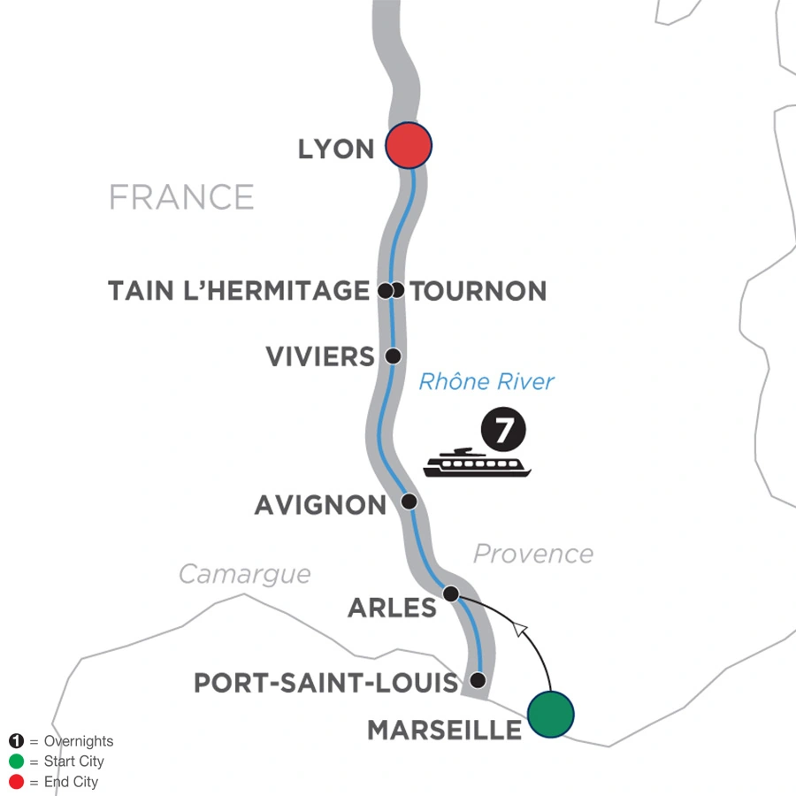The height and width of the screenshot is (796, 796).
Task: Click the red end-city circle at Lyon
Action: tap(409, 146)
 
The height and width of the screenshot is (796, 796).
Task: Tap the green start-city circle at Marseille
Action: tap(550, 712)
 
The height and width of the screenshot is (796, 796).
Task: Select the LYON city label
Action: tap(336, 149)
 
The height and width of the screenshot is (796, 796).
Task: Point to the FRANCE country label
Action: tap(181, 196)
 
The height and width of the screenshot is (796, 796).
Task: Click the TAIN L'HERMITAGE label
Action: tap(238, 290)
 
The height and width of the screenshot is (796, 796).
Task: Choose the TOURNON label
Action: tap(478, 290)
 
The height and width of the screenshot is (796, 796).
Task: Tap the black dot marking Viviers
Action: tap(394, 356)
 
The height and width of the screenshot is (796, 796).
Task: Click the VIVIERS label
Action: tap(321, 356)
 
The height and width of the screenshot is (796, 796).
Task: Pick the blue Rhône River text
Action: tap(486, 382)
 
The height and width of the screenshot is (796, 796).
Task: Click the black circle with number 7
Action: tap(503, 432)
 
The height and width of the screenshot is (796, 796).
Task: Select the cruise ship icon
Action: tap(477, 463)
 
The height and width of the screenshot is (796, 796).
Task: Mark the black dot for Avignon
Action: tap(409, 501)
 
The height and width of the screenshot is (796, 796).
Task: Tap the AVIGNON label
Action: tap(320, 505)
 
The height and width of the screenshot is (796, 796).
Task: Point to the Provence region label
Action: tap(532, 554)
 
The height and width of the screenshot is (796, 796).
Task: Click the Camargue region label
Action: tap(245, 574)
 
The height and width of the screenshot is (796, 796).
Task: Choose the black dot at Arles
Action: tap(451, 593)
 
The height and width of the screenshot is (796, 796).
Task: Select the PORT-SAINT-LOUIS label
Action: tap(326, 683)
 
